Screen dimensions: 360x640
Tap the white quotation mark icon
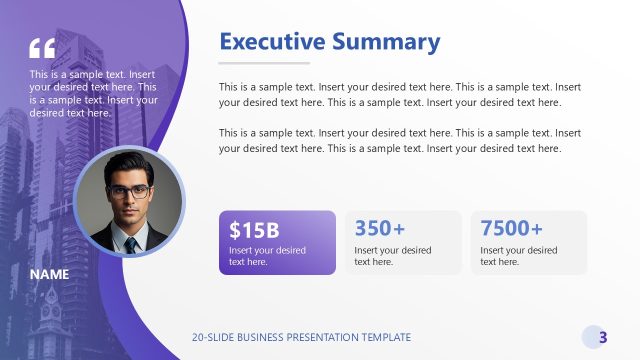pyautogui.click(x=43, y=49)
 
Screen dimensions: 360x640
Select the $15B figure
pyautogui.click(x=254, y=228)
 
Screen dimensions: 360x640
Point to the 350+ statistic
pyautogui.click(x=380, y=228)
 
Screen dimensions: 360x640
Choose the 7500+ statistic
pyautogui.click(x=511, y=228)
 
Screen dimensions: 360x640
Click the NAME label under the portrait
pyautogui.click(x=49, y=274)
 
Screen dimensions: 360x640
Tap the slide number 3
pyautogui.click(x=603, y=337)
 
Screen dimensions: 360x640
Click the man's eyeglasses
pyautogui.click(x=130, y=190)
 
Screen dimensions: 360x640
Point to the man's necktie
pyautogui.click(x=131, y=243)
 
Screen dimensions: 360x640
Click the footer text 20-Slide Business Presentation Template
pyautogui.click(x=301, y=337)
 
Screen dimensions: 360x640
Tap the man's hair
pyautogui.click(x=130, y=163)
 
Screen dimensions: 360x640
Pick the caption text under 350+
pyautogui.click(x=393, y=256)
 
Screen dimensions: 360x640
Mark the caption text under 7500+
pyautogui.click(x=519, y=256)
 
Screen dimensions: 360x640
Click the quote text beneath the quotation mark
pyautogui.click(x=94, y=93)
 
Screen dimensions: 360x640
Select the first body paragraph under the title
pyautogui.click(x=400, y=94)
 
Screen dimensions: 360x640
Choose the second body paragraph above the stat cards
pyautogui.click(x=400, y=140)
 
